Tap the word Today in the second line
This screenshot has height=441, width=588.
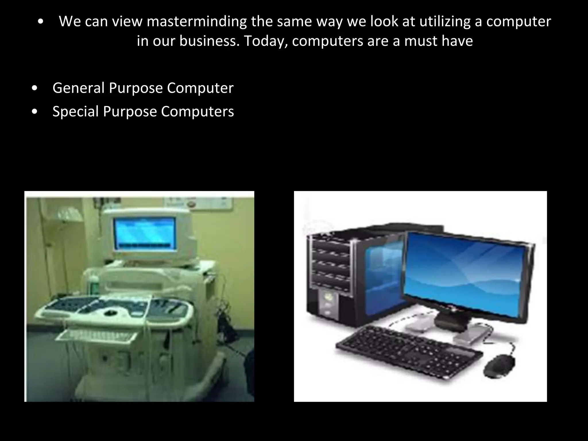pyautogui.click(x=266, y=41)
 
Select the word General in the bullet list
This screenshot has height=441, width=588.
pyautogui.click(x=78, y=88)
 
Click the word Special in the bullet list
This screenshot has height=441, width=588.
pyautogui.click(x=76, y=111)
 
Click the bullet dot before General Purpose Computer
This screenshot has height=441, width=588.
pyautogui.click(x=35, y=89)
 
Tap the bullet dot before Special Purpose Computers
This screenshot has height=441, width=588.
pyautogui.click(x=35, y=112)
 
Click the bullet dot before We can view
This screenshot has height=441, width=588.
pyautogui.click(x=41, y=22)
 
